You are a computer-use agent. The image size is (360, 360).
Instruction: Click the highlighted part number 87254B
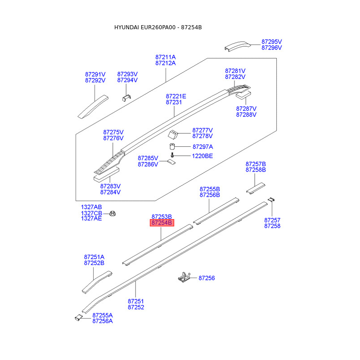pos(162,223)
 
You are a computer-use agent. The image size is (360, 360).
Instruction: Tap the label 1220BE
pos(202,156)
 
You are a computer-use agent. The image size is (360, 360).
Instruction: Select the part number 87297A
pos(203,147)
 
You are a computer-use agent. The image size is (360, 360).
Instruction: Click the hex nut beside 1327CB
pos(112,213)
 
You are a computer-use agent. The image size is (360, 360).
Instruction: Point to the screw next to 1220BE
pos(172,155)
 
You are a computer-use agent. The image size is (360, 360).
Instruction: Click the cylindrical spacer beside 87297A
pos(172,146)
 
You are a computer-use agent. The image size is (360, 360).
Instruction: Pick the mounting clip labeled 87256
pos(184,277)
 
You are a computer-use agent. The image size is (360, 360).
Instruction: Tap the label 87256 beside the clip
pos(207,278)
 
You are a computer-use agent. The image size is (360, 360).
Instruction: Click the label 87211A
pos(165,57)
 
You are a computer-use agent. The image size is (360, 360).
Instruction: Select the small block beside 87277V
pos(173,135)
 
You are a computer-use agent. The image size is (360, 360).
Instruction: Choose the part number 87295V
pos(272,42)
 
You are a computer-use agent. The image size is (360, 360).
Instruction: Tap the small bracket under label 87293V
pos(126,98)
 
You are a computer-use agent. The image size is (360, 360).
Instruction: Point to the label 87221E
pos(176,96)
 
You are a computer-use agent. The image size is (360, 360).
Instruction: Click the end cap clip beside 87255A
pos(78,317)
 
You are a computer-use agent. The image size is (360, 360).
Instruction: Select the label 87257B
pos(256,164)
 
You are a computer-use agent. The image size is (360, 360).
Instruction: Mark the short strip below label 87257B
pos(256,188)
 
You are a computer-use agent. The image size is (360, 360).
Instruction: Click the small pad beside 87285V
pos(171,162)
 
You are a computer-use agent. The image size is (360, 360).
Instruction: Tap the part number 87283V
pos(110,186)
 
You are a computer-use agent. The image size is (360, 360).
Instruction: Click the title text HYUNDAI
pos(126,27)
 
